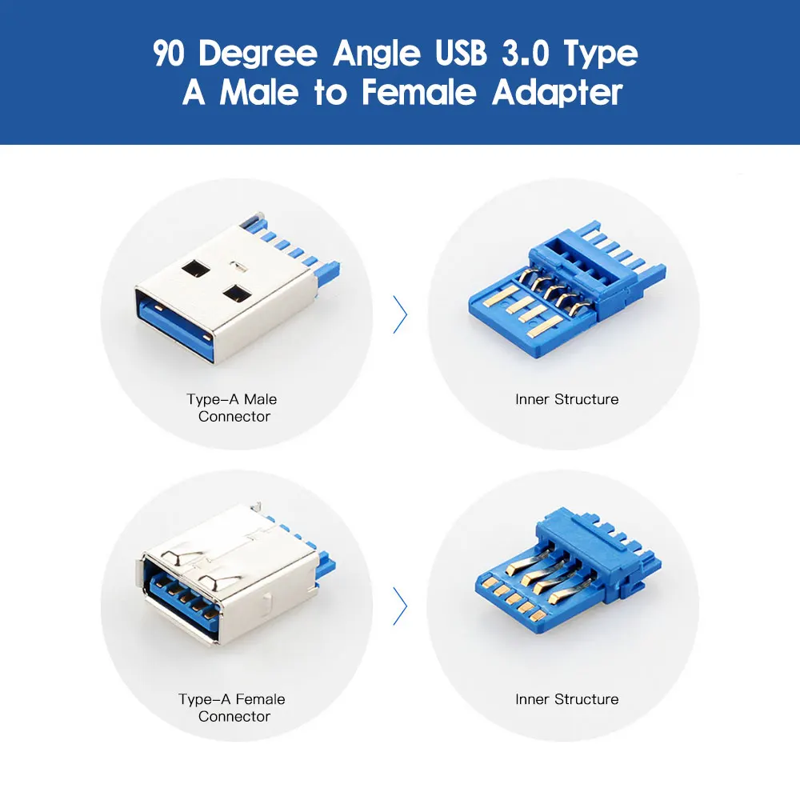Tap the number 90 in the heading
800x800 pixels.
(x=168, y=53)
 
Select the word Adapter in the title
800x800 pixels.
(x=557, y=94)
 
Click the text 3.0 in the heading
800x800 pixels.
(x=526, y=53)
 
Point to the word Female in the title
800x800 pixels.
(x=419, y=92)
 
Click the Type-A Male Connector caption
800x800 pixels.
(x=232, y=408)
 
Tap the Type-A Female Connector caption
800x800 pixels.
(x=232, y=708)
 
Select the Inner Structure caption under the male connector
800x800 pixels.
(x=567, y=399)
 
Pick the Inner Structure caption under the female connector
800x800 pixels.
(x=567, y=699)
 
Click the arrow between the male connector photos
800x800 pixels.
(x=401, y=314)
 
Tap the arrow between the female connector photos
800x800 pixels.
(x=401, y=606)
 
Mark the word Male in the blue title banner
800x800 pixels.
(x=259, y=92)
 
